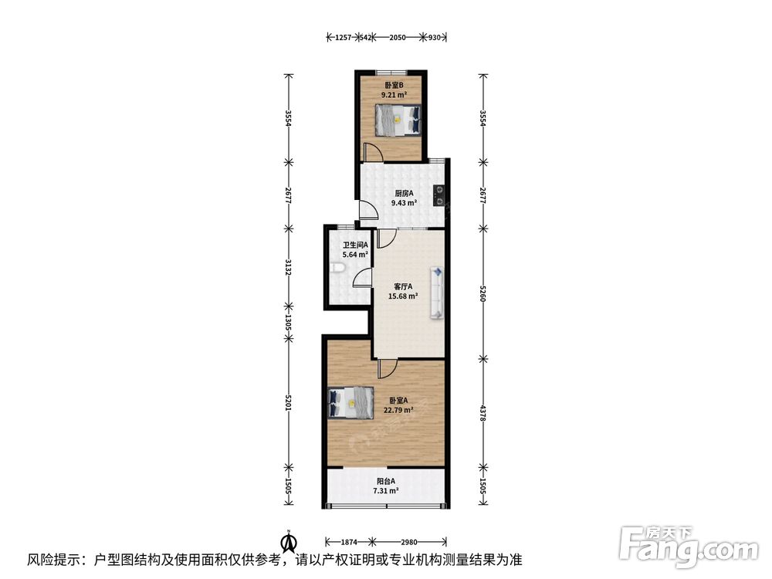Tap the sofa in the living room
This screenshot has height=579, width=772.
[x=437, y=293]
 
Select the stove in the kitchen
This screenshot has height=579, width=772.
[x=438, y=195]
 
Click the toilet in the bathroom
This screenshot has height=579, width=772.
[x=337, y=268]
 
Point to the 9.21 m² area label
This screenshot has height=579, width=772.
[x=394, y=95]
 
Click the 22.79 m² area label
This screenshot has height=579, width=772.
[x=398, y=410]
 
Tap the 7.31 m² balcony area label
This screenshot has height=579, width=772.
[x=385, y=490]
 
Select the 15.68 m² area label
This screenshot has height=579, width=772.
[x=403, y=296]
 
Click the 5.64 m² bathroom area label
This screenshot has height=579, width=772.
[x=355, y=255]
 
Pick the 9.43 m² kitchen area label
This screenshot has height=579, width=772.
[x=404, y=202]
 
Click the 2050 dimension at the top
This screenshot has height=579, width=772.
[x=398, y=37]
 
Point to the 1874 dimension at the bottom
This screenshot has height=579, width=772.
[x=349, y=542]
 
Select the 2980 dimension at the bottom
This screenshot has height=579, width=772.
[x=408, y=542]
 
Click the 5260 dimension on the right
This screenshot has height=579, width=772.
[x=483, y=293]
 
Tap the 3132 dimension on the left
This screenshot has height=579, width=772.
[x=289, y=266]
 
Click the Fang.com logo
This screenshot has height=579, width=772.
[x=689, y=547]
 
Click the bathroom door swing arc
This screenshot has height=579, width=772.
[x=362, y=277]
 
